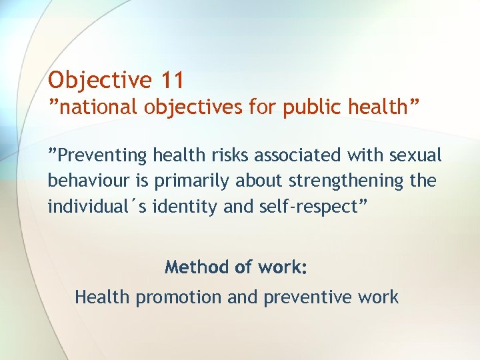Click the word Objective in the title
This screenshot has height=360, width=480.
tap(100, 80)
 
